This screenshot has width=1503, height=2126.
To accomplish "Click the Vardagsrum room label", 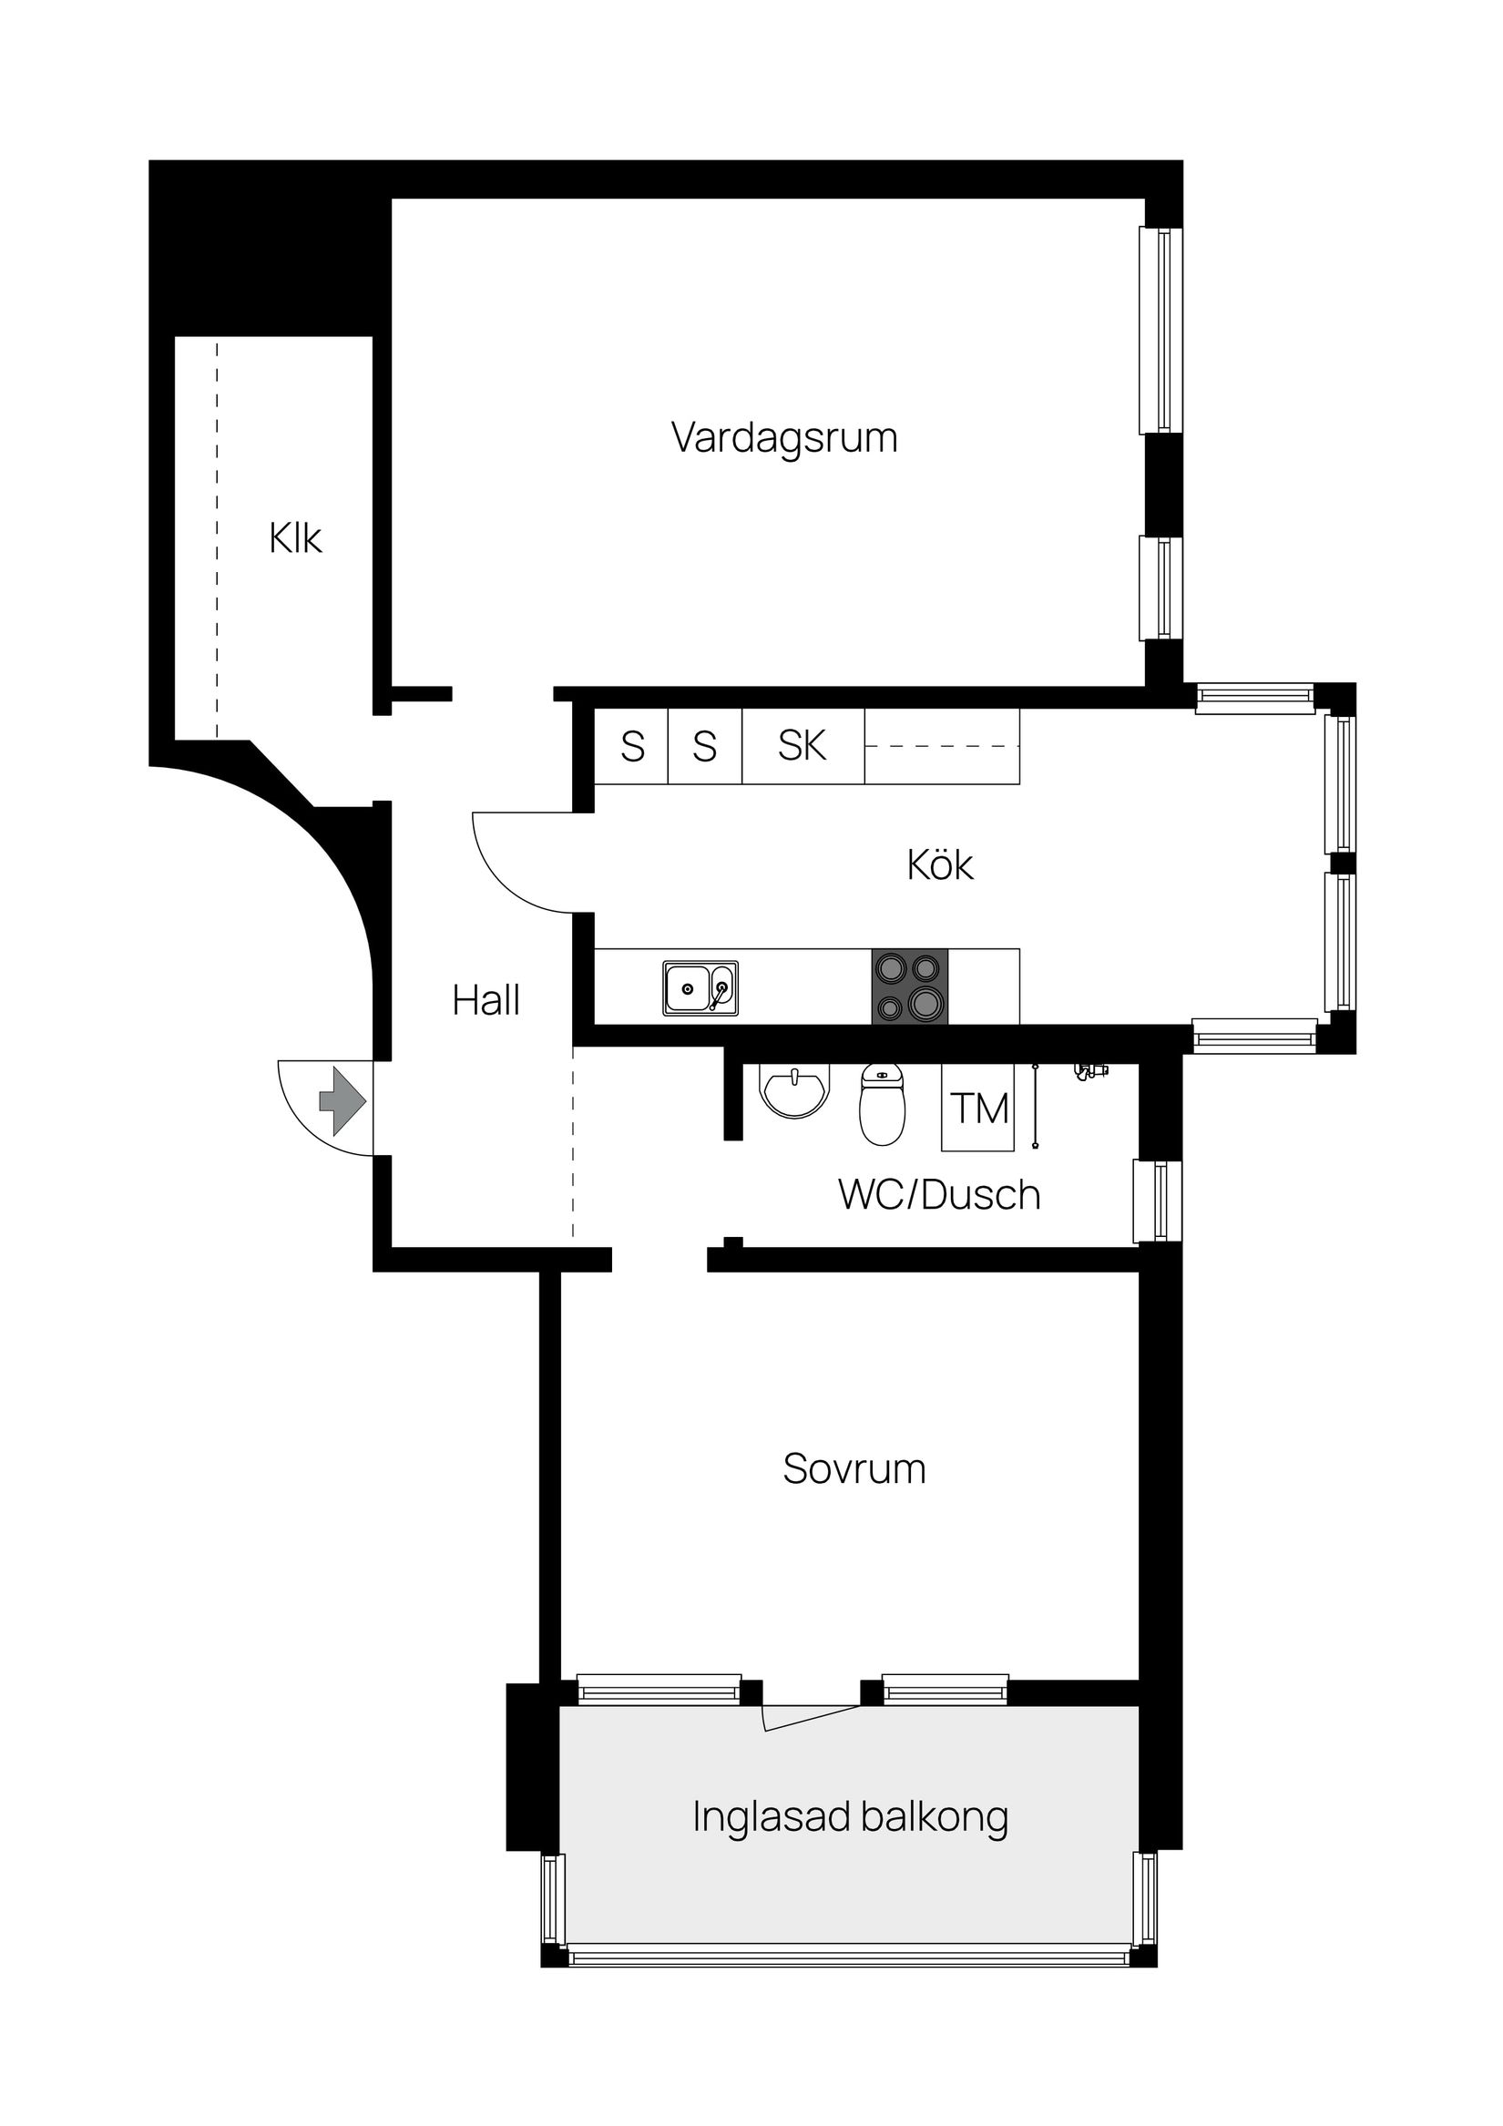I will click(783, 437).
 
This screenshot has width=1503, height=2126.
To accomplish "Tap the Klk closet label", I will click(294, 538).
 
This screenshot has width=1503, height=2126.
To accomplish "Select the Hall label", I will click(486, 1000).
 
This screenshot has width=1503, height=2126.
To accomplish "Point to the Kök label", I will click(939, 864).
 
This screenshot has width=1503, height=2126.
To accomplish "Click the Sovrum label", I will click(853, 1468).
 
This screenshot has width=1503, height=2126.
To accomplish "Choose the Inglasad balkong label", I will click(849, 1816).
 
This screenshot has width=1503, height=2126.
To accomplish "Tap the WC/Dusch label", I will click(938, 1194).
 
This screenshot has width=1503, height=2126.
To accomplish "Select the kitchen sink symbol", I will click(700, 988).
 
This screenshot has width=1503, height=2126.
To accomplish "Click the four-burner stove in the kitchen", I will click(909, 987).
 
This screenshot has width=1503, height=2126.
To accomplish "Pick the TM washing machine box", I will click(978, 1109).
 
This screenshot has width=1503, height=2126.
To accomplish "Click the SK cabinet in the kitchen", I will click(802, 746).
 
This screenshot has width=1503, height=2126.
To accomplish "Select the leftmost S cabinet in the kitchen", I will click(631, 746).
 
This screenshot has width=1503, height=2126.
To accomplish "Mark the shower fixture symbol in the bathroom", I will click(1091, 1071).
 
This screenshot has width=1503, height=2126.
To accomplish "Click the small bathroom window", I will click(1158, 1200).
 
